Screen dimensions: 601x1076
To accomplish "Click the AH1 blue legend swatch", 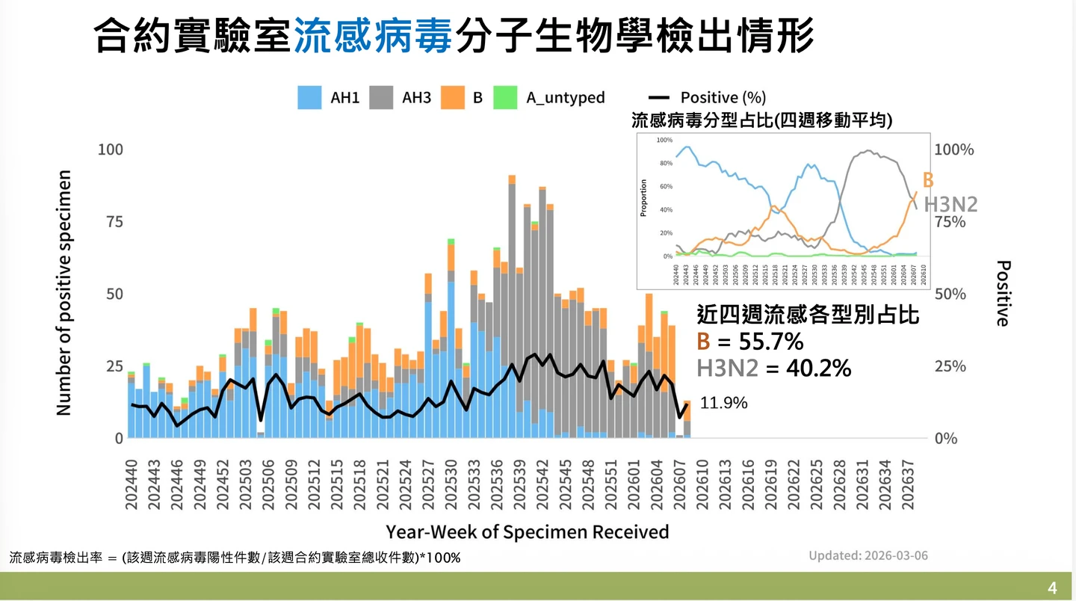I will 309,98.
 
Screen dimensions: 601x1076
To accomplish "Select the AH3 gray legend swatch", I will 382,98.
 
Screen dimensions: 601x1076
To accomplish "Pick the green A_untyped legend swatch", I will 505,98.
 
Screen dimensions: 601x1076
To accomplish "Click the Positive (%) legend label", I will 723,98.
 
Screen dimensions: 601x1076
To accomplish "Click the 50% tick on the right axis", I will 950,294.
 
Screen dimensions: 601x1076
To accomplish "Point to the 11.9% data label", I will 723,404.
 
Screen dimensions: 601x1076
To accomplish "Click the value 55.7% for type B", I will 771,342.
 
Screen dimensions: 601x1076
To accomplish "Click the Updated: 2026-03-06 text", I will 868,555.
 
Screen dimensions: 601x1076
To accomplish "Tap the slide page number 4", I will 1052,588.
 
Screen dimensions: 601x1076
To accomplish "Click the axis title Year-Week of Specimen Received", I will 527,531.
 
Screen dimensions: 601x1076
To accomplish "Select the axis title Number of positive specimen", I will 64,293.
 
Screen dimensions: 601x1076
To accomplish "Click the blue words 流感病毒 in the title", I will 373,35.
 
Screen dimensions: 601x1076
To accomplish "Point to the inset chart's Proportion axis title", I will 643,197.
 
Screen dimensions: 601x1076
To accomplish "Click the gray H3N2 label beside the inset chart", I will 950,205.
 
